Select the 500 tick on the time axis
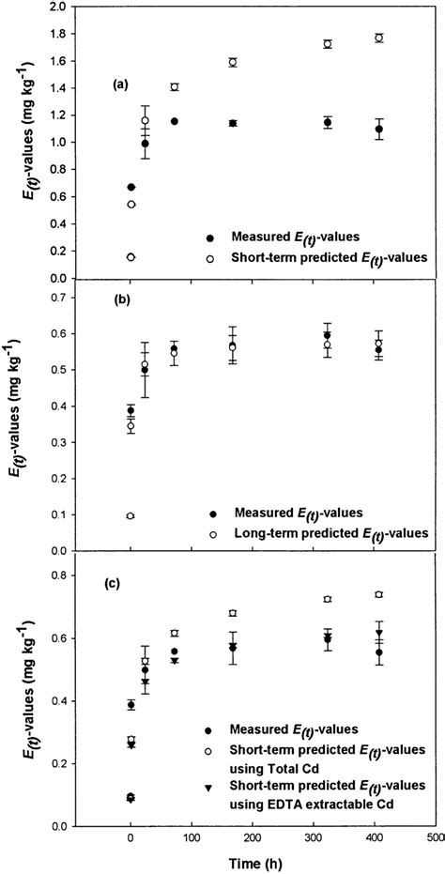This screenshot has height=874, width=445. (x=435, y=833)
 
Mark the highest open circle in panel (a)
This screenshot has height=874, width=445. (x=379, y=38)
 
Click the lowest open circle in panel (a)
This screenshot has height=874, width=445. (x=130, y=257)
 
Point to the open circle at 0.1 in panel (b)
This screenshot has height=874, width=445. (x=130, y=515)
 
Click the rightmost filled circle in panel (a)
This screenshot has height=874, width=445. (x=379, y=130)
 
